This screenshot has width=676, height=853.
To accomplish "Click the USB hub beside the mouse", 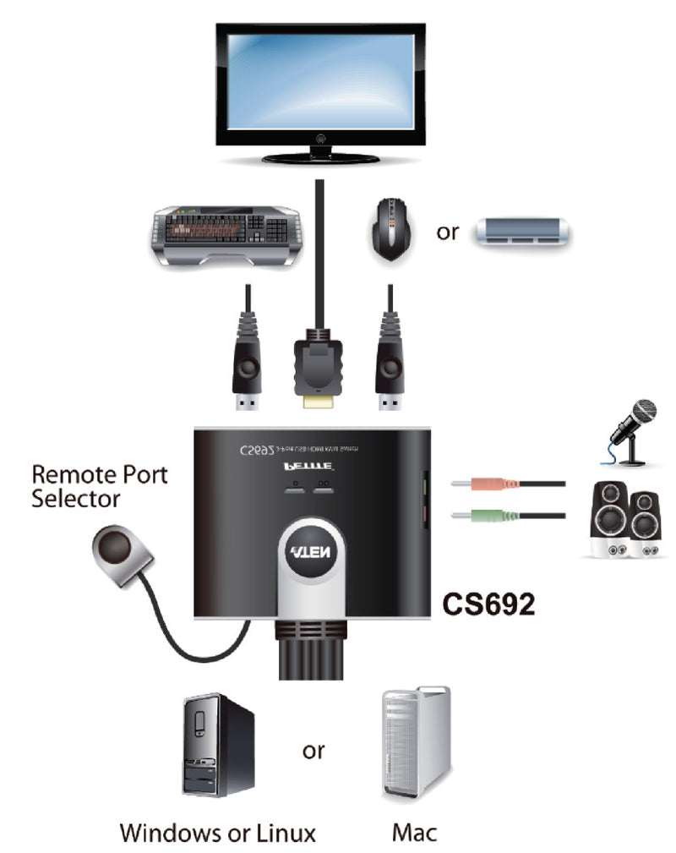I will [521, 232].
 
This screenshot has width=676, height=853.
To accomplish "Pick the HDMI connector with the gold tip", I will [316, 372].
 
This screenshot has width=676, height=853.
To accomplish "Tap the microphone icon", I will [633, 431].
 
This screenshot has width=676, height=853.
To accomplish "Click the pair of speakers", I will [625, 519].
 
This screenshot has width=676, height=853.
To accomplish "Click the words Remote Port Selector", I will [99, 485].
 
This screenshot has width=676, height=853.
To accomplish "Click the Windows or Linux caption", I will [217, 832].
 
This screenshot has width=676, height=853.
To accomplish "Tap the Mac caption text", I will [414, 832].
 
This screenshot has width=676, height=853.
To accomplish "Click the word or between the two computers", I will [313, 750].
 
